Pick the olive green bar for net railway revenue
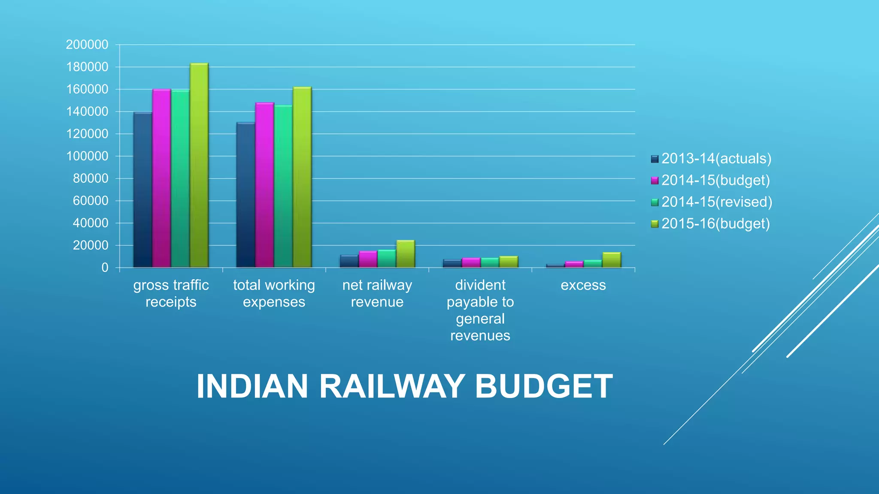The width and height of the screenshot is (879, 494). pyautogui.click(x=406, y=254)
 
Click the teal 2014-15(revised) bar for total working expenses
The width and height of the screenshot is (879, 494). pyautogui.click(x=283, y=186)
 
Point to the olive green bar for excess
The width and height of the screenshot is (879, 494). pyautogui.click(x=612, y=260)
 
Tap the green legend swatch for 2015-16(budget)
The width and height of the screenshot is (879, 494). pyautogui.click(x=655, y=224)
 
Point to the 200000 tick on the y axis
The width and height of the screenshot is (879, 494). pyautogui.click(x=87, y=45)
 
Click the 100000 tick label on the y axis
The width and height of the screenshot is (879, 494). pyautogui.click(x=87, y=156)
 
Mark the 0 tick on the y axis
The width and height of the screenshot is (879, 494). pyautogui.click(x=105, y=268)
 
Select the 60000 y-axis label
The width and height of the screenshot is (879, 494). pyautogui.click(x=91, y=201)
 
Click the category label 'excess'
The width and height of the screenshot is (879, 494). pyautogui.click(x=583, y=285)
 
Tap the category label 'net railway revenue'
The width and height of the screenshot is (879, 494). pyautogui.click(x=377, y=293)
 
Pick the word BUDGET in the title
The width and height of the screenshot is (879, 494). pyautogui.click(x=544, y=386)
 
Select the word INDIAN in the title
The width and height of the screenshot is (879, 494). pyautogui.click(x=252, y=386)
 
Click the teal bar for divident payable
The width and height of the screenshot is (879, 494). pyautogui.click(x=490, y=262)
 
